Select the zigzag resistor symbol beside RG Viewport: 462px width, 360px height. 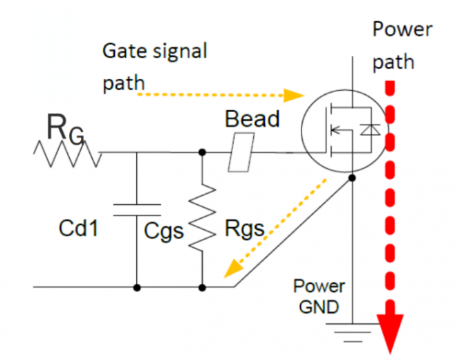tap(66, 152)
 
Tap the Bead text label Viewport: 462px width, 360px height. tap(252, 119)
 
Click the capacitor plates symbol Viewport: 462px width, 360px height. tap(136, 209)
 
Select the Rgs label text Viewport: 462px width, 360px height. tap(245, 228)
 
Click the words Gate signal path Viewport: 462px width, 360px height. tap(154, 66)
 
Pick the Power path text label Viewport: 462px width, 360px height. tap(401, 46)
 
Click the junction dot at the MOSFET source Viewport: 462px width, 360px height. tap(351, 178)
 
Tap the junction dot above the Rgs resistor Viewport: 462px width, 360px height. tap(201, 152)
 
